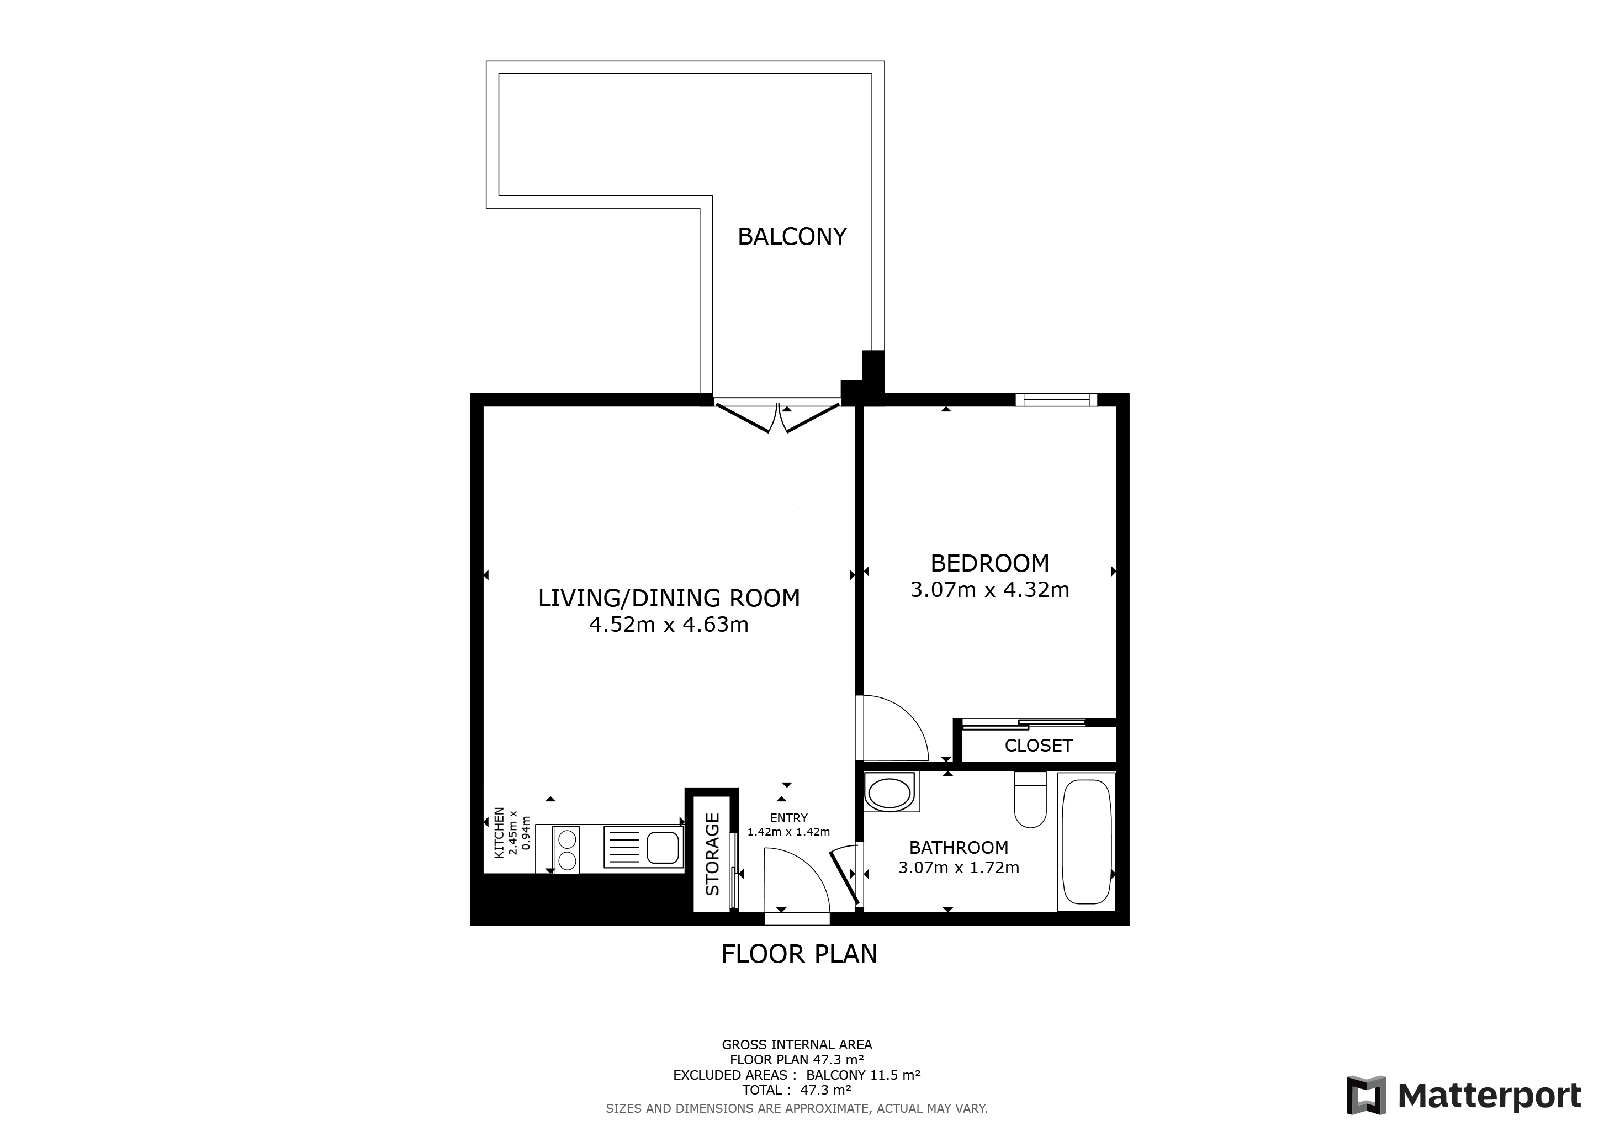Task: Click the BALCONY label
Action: point(792,237)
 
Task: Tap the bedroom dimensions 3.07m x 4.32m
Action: point(989,590)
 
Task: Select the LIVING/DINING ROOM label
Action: point(669,598)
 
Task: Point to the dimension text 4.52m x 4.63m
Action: point(669,625)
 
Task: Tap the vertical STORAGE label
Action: point(712,854)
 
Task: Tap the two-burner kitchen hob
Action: point(568,849)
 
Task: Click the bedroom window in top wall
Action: point(1056,400)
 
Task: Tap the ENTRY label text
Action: point(788,818)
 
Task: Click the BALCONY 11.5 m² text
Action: point(863,1075)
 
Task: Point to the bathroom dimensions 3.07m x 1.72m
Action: point(959,868)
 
